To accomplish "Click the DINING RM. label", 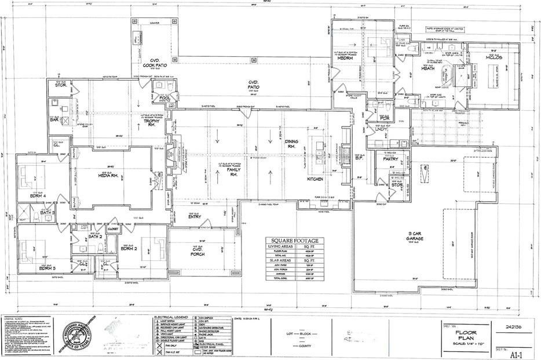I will tap(291, 145).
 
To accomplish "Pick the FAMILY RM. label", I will tap(234, 172).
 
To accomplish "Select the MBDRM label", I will tap(345, 59).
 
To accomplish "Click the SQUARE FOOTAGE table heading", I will tap(295, 241).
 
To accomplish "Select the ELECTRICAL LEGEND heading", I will tap(170, 318).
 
